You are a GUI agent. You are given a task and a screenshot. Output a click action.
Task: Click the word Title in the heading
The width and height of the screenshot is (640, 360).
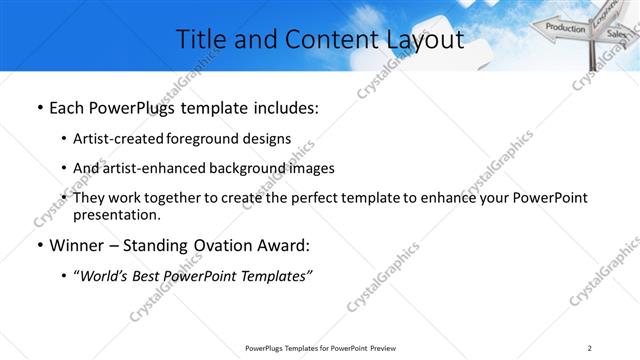(199, 39)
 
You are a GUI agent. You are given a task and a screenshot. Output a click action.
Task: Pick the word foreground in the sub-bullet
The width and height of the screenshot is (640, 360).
(209, 139)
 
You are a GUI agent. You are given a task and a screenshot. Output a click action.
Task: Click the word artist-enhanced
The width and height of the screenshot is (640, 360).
(158, 168)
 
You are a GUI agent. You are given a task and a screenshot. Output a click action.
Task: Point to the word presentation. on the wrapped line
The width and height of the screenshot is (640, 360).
(116, 214)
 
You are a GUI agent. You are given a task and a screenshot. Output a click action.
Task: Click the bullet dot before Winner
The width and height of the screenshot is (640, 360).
(39, 245)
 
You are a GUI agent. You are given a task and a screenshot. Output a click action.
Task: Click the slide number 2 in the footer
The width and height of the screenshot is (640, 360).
(590, 348)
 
